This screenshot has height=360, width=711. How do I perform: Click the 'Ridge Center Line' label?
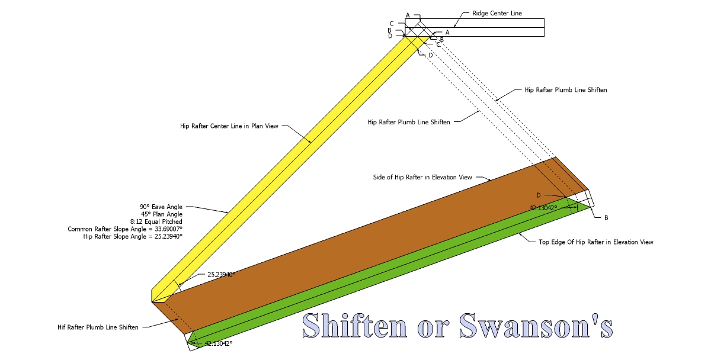point(497,13)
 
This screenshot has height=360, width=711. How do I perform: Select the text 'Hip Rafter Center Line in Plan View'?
point(229,126)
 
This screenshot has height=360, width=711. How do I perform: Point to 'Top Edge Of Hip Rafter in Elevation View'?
point(595,242)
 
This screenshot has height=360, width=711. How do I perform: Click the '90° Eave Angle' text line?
point(161,207)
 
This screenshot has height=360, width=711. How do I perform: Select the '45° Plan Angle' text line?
point(161,214)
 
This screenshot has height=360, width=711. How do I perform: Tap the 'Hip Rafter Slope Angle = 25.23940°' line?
point(133,236)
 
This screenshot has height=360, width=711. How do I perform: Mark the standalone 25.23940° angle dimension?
point(221,275)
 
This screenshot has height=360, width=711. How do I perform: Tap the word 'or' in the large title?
point(433,327)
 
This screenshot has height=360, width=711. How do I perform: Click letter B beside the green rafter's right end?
point(606,218)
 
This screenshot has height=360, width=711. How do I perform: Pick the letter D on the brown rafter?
point(539,195)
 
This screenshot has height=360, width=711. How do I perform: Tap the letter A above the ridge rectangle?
point(408,15)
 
